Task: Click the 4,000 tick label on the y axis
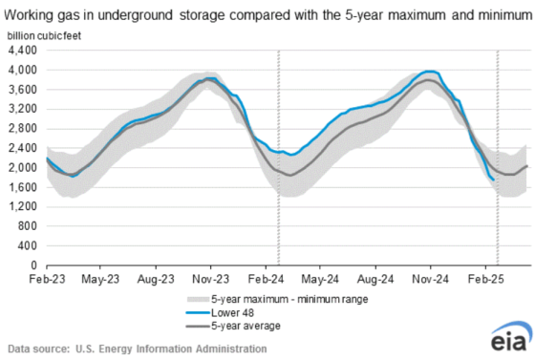[x=24, y=70]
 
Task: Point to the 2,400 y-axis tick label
[x=24, y=148]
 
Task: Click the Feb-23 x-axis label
[x=46, y=282]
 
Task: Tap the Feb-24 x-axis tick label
[x=278, y=282]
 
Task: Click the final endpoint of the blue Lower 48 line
[x=493, y=179]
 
